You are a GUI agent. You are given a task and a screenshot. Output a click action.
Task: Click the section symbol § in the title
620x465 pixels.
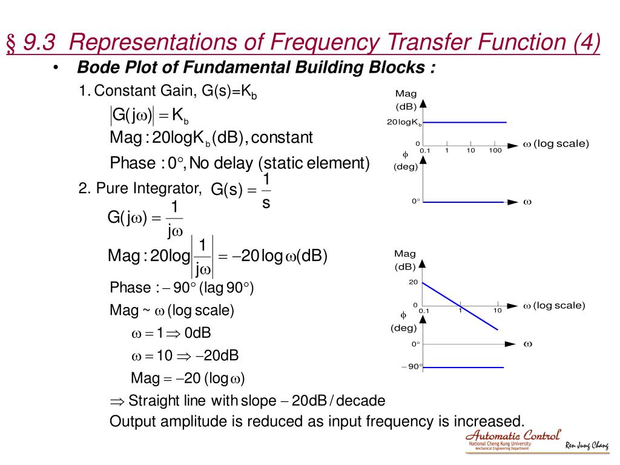click(12, 44)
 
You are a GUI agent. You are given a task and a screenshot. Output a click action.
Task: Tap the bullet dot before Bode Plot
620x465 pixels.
click(56, 67)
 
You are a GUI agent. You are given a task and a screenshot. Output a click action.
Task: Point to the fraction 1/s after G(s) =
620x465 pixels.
click(266, 191)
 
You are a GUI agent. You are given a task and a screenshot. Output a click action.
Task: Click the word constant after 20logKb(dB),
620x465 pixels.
click(282, 138)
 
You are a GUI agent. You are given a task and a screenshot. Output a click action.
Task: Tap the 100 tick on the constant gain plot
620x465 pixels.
click(495, 150)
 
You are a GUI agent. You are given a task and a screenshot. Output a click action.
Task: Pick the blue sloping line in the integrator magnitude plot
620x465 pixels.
click(460, 306)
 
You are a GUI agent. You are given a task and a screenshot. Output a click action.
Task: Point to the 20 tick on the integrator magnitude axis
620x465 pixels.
click(413, 282)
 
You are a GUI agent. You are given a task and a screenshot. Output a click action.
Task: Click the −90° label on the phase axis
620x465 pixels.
click(411, 366)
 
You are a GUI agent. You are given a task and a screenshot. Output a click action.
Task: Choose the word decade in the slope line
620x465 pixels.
click(361, 401)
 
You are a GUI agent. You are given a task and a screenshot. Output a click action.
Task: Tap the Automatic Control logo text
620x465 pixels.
click(513, 435)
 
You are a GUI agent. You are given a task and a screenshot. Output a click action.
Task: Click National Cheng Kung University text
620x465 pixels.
click(500, 444)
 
